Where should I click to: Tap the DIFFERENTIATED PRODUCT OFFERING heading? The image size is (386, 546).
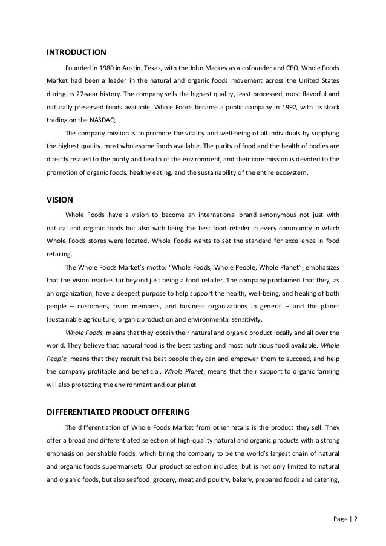click(118, 412)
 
